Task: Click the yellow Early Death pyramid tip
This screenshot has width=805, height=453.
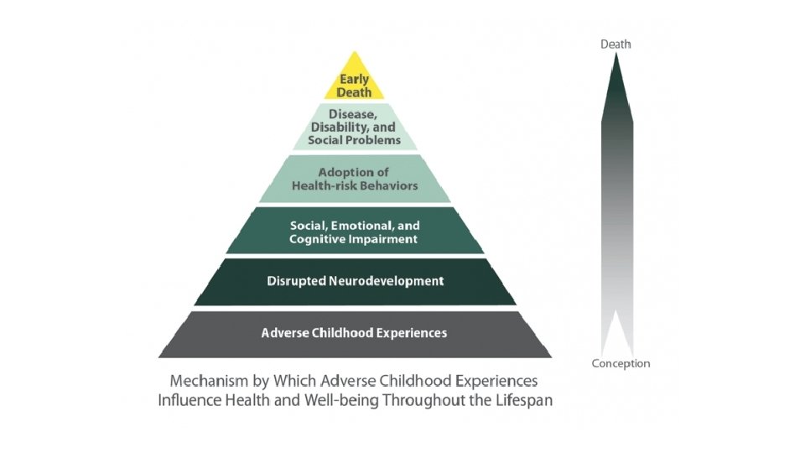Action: pos(354,85)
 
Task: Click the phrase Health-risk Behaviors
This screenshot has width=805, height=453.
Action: pos(355,185)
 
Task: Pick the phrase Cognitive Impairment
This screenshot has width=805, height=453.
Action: pos(354,239)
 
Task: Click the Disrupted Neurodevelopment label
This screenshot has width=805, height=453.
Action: pos(355,281)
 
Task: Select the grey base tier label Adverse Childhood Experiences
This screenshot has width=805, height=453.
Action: pos(354,333)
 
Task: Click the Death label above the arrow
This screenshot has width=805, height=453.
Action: pos(615,44)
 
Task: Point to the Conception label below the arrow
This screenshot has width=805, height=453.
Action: pos(621,363)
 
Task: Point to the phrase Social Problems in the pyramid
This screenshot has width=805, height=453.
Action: pos(355,140)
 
